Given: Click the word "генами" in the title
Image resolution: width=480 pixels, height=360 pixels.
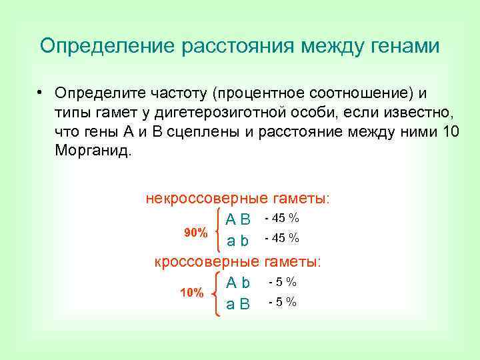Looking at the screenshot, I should (x=402, y=46).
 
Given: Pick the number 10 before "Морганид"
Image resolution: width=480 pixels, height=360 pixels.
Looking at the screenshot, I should (x=451, y=130).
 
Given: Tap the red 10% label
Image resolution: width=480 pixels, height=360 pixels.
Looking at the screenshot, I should (x=192, y=293).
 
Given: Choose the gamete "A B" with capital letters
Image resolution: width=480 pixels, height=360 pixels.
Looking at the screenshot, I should (x=238, y=219).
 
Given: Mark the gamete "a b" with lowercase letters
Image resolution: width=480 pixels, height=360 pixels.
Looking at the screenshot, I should (x=238, y=239).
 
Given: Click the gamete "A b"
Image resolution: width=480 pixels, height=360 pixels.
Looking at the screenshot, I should (x=238, y=283).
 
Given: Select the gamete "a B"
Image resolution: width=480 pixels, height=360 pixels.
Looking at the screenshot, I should (x=238, y=304).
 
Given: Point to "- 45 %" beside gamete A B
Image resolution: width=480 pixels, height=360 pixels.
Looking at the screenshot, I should (x=281, y=218).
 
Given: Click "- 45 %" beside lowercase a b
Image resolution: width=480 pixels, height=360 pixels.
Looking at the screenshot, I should (x=281, y=238).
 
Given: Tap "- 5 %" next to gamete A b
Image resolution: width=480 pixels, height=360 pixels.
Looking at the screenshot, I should (x=283, y=282).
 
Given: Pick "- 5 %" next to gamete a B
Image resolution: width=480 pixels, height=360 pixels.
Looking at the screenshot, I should (x=283, y=303).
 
